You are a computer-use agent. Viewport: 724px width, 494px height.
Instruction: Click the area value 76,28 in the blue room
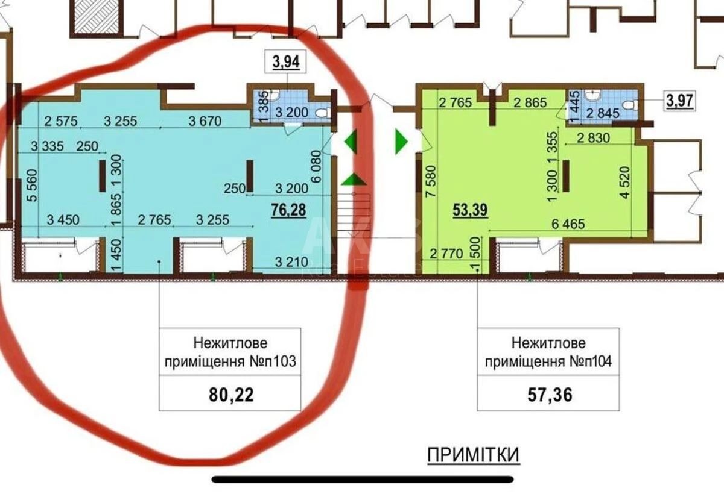tap(288, 210)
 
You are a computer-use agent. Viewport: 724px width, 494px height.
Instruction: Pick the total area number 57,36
tap(548, 395)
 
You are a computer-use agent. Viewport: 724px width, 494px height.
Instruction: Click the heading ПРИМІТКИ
tap(473, 455)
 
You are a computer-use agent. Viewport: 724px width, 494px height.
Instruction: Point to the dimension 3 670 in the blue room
tap(205, 121)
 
